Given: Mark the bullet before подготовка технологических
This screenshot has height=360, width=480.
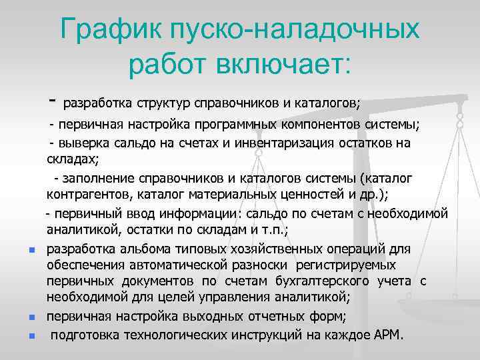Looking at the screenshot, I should click(31, 335).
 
